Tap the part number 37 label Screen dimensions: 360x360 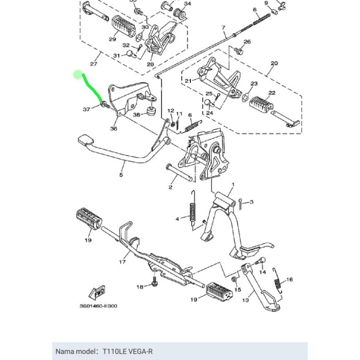click(86, 109)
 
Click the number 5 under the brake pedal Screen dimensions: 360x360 click(121, 175)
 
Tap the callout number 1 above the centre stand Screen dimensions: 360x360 click(233, 185)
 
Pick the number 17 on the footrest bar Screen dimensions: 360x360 click(122, 261)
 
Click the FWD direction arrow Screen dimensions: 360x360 click(97, 293)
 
